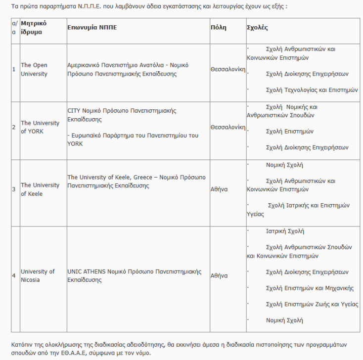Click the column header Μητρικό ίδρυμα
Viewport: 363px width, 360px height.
[34, 28]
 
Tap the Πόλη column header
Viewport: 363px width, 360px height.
[218, 28]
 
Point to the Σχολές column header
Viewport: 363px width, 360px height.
[257, 28]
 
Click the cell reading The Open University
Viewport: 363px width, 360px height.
[34, 69]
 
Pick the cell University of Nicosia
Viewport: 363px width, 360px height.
[38, 275]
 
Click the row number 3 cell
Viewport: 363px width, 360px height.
[14, 189]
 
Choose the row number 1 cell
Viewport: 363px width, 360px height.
[14, 69]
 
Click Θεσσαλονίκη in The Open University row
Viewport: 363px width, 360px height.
[227, 69]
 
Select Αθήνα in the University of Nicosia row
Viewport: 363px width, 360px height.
[219, 275]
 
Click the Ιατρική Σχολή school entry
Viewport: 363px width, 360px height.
[285, 231]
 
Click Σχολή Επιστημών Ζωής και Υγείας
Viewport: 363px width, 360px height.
[312, 304]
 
